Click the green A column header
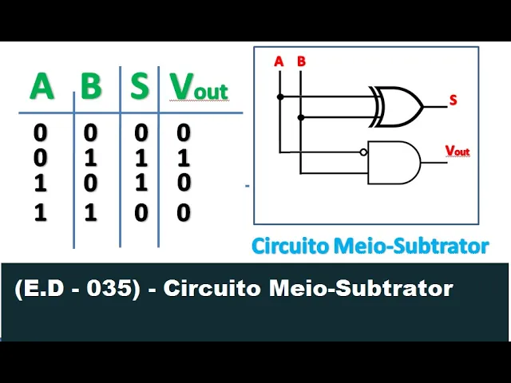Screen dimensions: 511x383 point(42,87)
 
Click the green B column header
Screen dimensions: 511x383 point(92,87)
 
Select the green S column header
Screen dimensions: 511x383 point(140,87)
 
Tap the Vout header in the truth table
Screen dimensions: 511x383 point(199,89)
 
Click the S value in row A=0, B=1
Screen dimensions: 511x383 point(140,157)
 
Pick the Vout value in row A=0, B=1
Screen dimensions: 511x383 point(184,157)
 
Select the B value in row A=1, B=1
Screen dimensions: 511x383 point(91,213)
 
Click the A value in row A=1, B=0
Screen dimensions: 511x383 point(41,184)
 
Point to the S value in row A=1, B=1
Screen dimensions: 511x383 point(140,213)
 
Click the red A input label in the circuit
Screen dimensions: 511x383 point(279,61)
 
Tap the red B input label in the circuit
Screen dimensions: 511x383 point(301,61)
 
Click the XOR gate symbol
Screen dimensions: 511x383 point(397,106)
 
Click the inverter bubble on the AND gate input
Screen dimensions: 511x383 point(364,152)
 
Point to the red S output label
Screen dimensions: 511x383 point(453,101)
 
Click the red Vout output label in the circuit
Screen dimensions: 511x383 point(458,151)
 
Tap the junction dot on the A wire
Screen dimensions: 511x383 point(279,97)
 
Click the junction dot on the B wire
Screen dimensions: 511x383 point(301,117)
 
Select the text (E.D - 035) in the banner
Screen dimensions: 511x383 point(73,288)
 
